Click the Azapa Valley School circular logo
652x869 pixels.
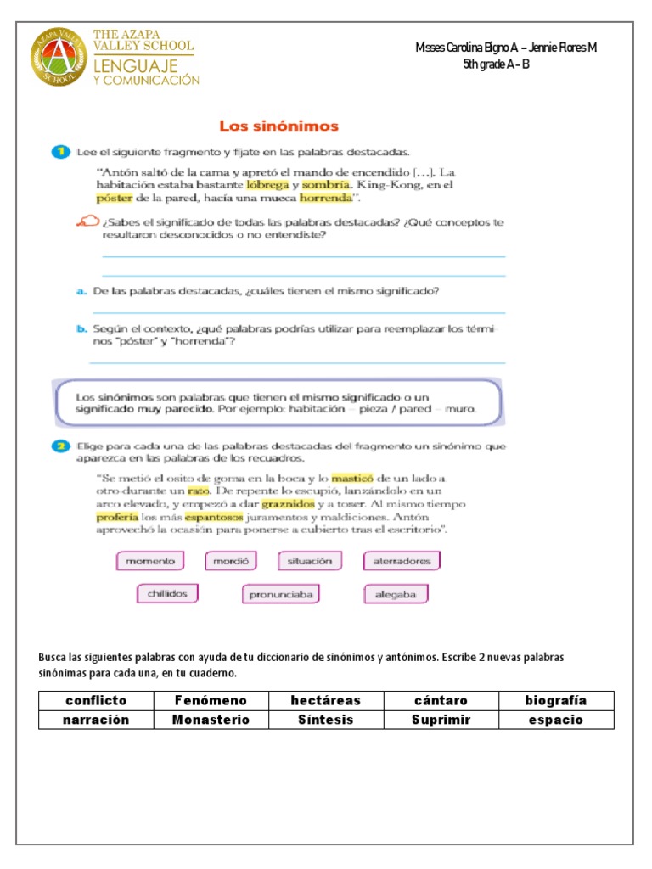59,58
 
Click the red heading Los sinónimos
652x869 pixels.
278,126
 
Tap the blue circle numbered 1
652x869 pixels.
59,153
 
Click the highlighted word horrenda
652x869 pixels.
325,199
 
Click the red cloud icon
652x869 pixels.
87,221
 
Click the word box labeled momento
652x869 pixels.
150,561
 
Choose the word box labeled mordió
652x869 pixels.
230,561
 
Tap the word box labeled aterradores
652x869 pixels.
402,561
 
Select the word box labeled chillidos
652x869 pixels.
166,593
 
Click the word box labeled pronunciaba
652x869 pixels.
281,595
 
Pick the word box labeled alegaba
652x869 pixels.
396,595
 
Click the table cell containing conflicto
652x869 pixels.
95,700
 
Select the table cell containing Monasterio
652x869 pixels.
211,720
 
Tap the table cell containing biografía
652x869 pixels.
556,700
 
